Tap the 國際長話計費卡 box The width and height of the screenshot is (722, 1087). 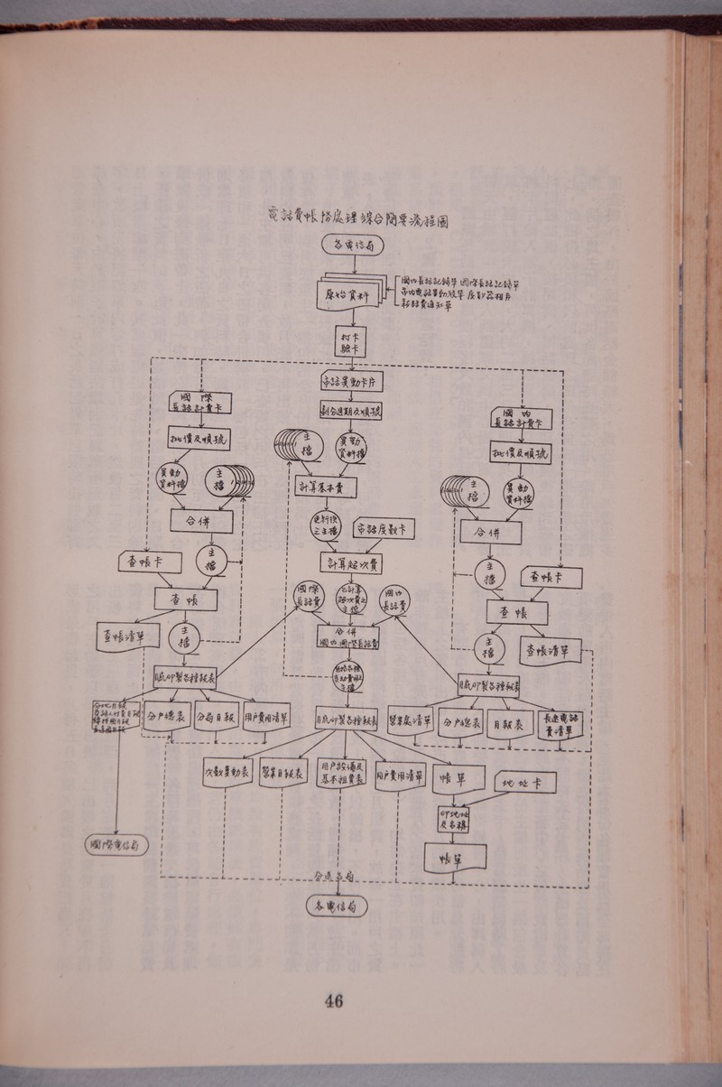pyautogui.click(x=199, y=403)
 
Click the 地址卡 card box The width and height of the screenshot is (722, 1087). pyautogui.click(x=530, y=781)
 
